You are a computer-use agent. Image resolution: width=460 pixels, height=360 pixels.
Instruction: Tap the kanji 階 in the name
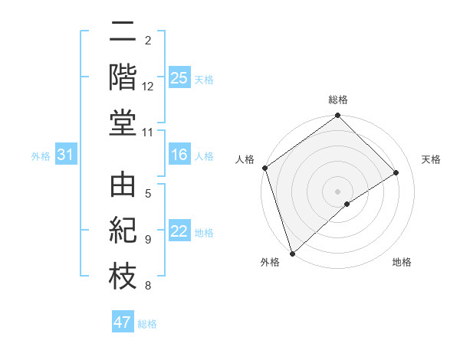click(123, 77)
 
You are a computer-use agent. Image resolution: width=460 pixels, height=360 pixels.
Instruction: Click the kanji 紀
click(123, 231)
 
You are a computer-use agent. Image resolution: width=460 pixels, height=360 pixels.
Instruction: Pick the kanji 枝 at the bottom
click(123, 276)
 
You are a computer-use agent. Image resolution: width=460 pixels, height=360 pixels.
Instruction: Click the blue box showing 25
click(179, 78)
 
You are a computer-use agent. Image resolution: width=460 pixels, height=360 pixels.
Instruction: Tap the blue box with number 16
click(179, 155)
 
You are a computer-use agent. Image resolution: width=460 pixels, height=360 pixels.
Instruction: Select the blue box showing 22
click(179, 231)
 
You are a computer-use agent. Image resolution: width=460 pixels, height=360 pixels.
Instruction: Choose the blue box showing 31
click(65, 155)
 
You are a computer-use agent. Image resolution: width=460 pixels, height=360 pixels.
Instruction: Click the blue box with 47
click(123, 322)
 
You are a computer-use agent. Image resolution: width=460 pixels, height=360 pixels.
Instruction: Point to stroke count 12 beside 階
click(148, 87)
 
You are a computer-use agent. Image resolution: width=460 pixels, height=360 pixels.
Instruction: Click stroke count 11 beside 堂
click(148, 133)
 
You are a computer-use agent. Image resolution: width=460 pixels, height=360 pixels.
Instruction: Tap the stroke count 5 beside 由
click(148, 194)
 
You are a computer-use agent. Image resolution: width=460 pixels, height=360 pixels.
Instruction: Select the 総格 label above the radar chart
click(338, 100)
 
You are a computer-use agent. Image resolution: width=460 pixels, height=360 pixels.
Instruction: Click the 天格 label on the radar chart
click(431, 159)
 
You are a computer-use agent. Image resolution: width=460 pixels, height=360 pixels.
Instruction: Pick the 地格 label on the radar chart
click(402, 262)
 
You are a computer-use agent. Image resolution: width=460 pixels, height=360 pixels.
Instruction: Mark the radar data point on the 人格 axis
click(264, 168)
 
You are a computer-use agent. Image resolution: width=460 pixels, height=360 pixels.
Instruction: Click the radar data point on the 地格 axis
click(347, 204)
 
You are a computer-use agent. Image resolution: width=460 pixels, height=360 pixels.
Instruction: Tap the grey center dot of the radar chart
click(338, 191)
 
